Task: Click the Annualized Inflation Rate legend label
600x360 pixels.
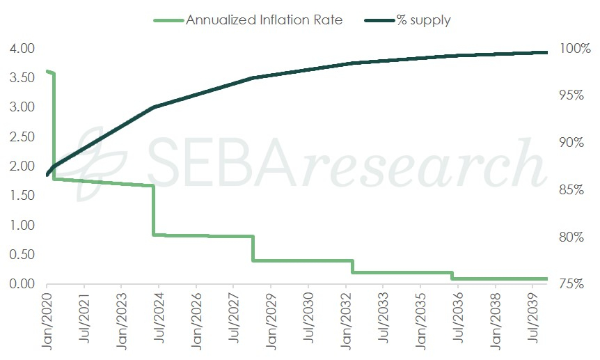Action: click(264, 19)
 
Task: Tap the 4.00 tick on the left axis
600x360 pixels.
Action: click(23, 49)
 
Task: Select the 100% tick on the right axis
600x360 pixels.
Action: click(575, 49)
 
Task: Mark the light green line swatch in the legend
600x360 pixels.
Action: click(168, 19)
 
